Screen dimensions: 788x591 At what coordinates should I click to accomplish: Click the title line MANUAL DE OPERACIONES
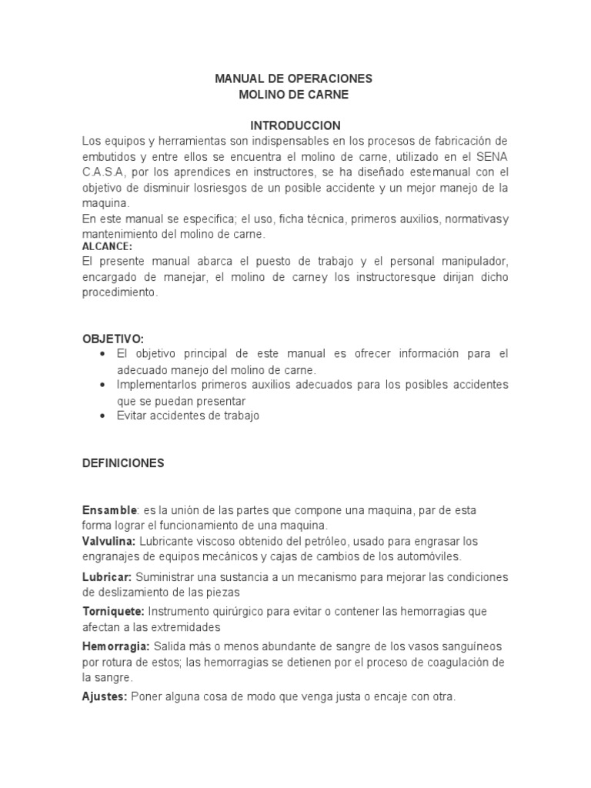295,78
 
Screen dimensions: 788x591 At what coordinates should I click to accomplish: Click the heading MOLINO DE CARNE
295,95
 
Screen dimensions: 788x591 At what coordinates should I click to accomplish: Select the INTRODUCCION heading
295,125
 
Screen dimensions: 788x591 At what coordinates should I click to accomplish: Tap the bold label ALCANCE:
107,246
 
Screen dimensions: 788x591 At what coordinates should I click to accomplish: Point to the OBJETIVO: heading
113,339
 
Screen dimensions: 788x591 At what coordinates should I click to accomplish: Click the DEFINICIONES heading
122,463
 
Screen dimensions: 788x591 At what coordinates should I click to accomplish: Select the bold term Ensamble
110,511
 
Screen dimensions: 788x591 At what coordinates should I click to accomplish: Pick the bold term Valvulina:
109,542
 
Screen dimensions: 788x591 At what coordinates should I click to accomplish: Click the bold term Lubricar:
107,577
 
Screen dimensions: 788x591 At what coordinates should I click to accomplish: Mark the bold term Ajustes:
105,696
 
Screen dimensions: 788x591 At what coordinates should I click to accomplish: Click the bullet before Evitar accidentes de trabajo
103,416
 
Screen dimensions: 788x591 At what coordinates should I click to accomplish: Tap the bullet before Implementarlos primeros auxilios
103,383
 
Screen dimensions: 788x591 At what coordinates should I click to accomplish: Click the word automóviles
421,556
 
